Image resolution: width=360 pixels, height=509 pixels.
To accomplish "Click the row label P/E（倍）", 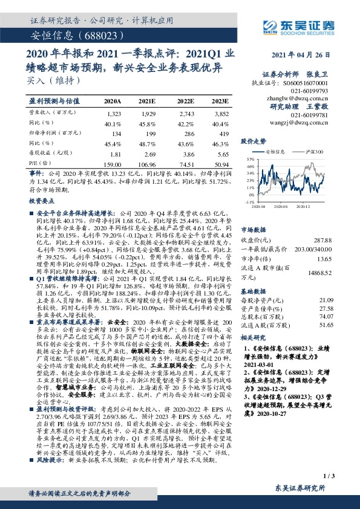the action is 38,163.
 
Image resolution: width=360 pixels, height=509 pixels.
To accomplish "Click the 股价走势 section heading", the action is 254,141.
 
